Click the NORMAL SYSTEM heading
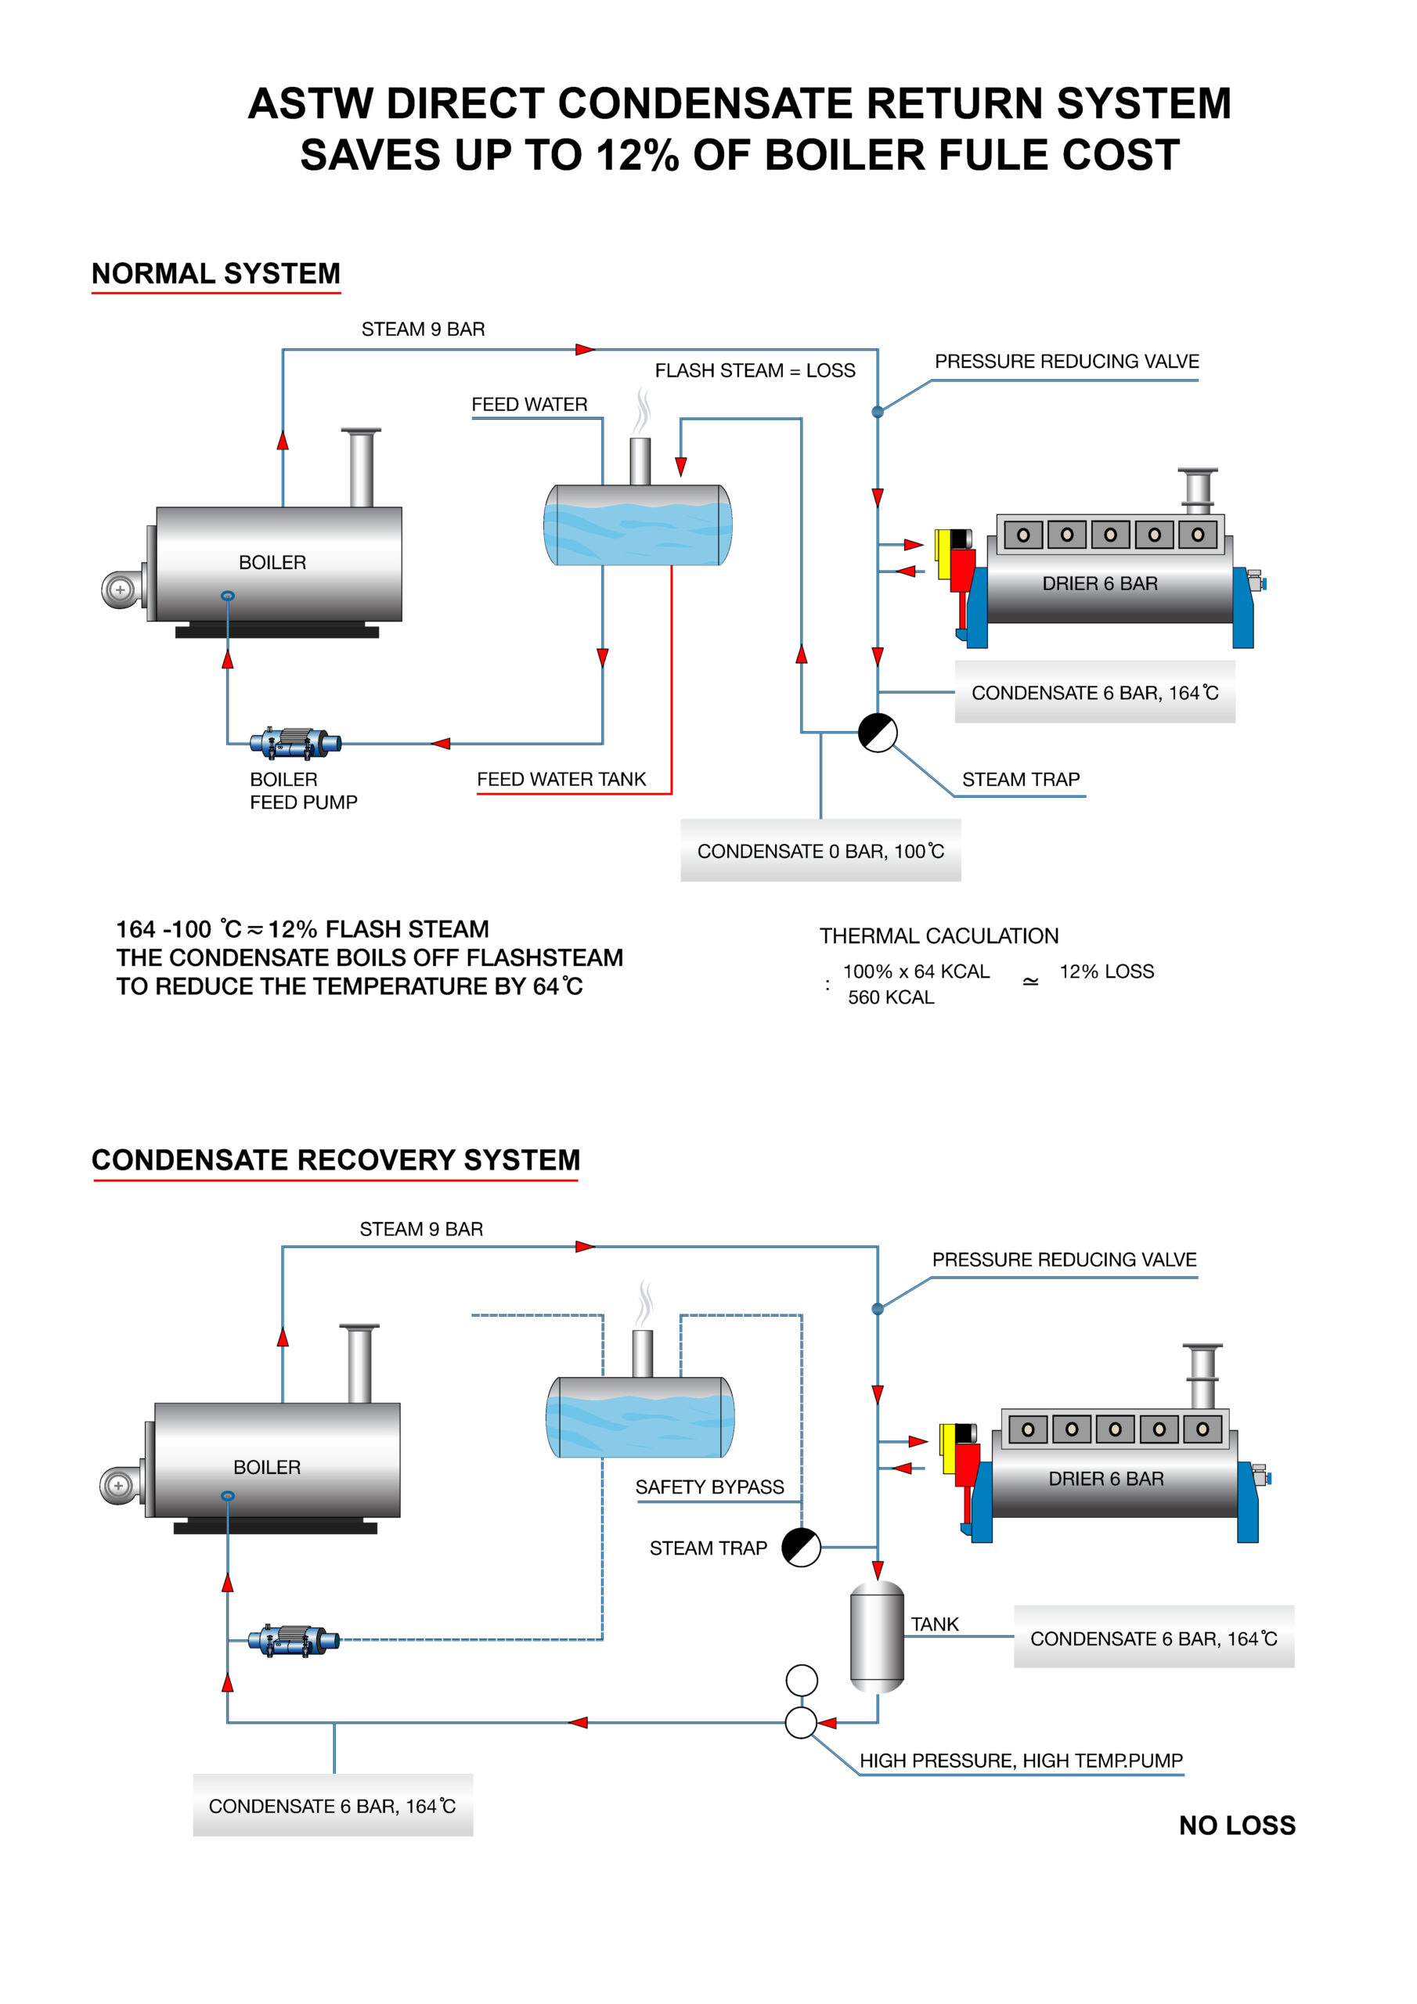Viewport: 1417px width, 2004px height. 215,274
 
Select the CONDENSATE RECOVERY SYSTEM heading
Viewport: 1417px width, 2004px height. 335,1160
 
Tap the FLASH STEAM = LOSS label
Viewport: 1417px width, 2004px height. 755,371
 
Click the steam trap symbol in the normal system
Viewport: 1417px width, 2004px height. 878,732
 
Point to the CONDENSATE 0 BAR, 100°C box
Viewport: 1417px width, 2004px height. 820,851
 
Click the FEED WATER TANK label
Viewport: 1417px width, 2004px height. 561,780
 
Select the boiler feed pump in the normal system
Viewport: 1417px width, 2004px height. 295,744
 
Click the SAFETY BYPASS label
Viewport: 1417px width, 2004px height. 709,1487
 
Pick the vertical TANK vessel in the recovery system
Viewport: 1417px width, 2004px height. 877,1638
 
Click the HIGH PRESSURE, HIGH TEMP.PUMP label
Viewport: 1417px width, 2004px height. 1021,1761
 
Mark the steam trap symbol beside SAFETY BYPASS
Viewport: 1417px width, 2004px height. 801,1548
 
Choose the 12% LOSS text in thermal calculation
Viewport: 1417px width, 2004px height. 1106,971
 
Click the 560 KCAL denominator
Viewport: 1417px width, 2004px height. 891,997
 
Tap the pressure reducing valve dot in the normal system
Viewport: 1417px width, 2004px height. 878,412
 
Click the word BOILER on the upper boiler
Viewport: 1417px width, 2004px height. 272,563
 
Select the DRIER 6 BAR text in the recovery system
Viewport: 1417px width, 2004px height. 1105,1479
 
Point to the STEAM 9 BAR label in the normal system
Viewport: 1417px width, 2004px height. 423,330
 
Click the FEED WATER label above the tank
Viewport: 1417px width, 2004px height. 529,405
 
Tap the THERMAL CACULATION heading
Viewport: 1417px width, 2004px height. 939,936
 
